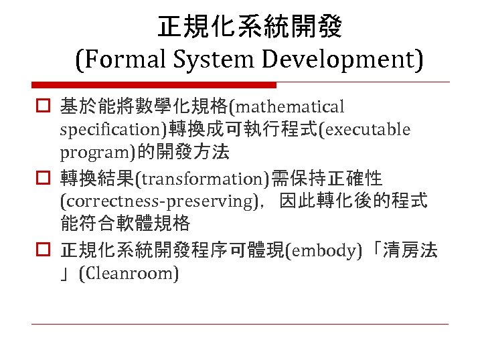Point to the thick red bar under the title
coord(154,85)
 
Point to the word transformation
coord(203,179)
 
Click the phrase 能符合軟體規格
coord(125,223)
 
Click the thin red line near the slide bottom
coord(240,325)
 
